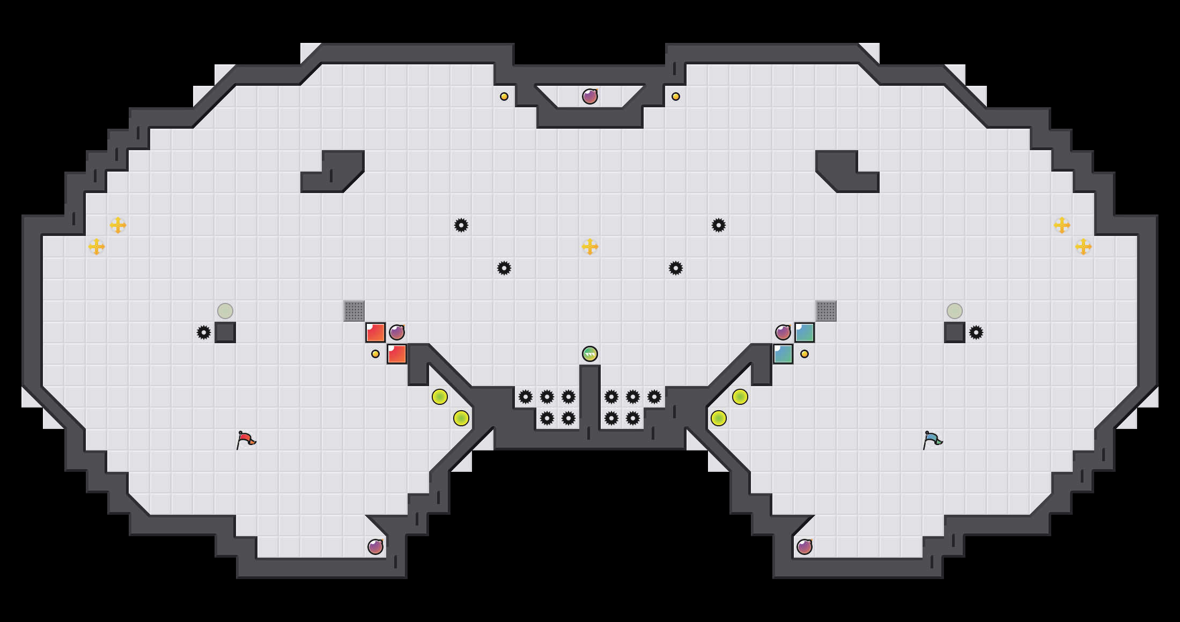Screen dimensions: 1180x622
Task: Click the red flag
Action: tap(246, 440)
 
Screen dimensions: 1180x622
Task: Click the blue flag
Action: tap(933, 440)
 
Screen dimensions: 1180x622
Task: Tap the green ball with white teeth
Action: tap(590, 354)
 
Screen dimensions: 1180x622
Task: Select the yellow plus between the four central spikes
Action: tap(590, 247)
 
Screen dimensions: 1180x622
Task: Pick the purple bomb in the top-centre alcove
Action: tap(590, 97)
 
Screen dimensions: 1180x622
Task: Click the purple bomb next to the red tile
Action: tap(397, 332)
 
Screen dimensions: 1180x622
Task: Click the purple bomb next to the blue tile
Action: tap(783, 332)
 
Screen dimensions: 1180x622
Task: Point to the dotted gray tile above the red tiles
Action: tap(354, 311)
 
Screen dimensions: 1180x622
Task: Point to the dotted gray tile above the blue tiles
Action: tap(826, 311)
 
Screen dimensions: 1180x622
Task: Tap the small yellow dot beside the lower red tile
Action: tap(375, 354)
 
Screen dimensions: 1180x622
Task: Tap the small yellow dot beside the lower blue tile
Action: tap(805, 354)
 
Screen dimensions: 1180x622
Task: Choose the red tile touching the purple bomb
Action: tap(375, 332)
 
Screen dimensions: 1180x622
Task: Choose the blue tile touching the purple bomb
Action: tap(805, 332)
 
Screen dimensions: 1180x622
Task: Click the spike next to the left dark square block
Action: tap(204, 332)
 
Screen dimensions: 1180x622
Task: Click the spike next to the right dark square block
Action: tap(976, 332)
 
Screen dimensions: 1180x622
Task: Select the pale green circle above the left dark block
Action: tap(225, 311)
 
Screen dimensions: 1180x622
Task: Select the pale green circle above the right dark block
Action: tap(955, 311)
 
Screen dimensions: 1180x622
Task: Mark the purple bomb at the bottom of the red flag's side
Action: tap(375, 547)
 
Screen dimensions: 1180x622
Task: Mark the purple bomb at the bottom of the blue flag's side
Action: tap(805, 547)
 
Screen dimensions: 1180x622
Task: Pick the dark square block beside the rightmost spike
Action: tap(955, 332)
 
